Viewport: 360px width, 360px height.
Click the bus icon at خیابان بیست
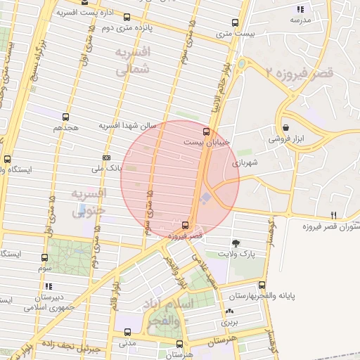pyautogui.click(x=206, y=131)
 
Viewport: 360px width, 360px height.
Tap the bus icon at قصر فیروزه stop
pyautogui.click(x=184, y=225)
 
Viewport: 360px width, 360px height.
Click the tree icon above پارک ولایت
pyautogui.click(x=244, y=241)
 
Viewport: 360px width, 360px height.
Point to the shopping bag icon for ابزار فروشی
pyautogui.click(x=286, y=127)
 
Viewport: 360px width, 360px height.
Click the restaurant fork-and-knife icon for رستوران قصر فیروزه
pyautogui.click(x=334, y=215)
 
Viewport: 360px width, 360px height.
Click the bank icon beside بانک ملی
pyautogui.click(x=106, y=157)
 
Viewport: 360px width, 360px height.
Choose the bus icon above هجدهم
pyautogui.click(x=65, y=117)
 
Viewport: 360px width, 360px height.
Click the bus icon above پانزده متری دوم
pyautogui.click(x=126, y=18)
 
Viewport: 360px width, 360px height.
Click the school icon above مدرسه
pyautogui.click(x=300, y=9)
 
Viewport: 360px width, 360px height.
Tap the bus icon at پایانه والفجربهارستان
pyautogui.click(x=262, y=285)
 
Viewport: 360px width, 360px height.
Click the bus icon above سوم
pyautogui.click(x=45, y=258)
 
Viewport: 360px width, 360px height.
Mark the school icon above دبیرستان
pyautogui.click(x=48, y=286)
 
